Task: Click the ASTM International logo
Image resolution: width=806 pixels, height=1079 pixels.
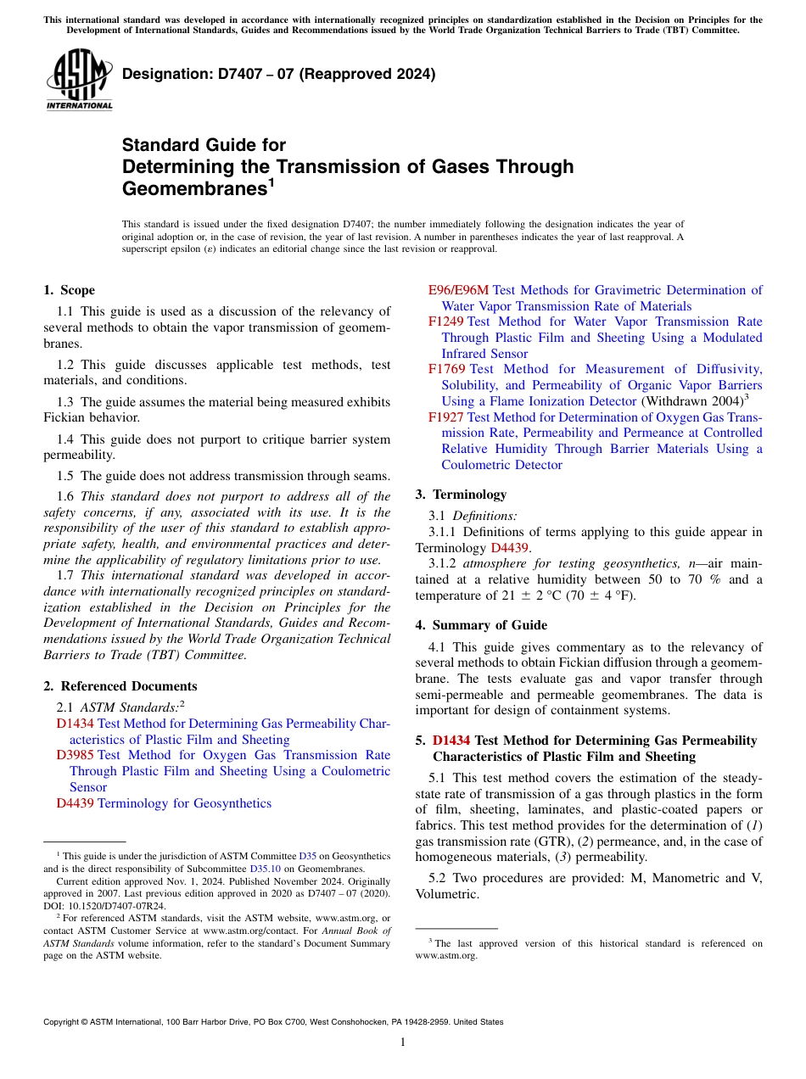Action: point(78,80)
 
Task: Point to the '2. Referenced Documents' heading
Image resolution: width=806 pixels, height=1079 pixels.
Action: point(120,686)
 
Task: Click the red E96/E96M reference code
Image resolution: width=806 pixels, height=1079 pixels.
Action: point(458,290)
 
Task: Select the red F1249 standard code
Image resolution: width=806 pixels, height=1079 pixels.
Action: point(445,321)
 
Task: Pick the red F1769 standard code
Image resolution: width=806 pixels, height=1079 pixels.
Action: point(446,369)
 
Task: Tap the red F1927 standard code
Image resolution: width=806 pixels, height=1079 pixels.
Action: point(445,417)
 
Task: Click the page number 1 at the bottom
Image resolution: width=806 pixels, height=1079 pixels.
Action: point(403,1042)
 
